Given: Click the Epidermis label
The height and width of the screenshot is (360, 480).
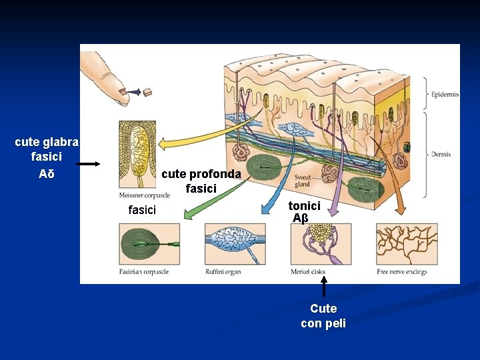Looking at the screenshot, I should (x=445, y=95).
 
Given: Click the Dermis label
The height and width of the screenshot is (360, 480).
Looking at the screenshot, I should (x=441, y=154).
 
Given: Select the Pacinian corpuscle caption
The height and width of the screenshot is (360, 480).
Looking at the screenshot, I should (x=143, y=272).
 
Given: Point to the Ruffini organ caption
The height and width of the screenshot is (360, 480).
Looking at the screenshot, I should (x=223, y=272).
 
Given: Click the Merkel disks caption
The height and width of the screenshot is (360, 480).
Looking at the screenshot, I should (x=309, y=272).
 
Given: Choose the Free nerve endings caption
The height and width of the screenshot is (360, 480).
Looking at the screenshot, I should (x=401, y=272).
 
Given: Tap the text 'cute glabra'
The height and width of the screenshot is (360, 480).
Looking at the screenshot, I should (x=47, y=142).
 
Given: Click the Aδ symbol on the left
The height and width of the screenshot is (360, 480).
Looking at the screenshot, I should (x=47, y=174).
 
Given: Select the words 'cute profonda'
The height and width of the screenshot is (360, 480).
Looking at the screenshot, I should (x=201, y=174).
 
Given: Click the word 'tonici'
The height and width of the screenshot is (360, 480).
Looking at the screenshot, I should (x=304, y=206).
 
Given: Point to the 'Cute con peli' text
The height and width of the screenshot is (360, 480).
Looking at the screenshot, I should (x=323, y=316).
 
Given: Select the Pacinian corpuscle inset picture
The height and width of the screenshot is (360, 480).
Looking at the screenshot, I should (x=148, y=244).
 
